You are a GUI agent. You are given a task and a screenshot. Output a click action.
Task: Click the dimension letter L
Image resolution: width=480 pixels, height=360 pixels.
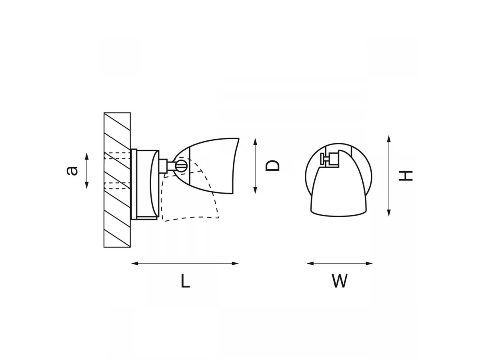(x=185, y=281)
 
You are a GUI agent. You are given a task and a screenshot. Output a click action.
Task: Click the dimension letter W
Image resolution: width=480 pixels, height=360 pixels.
(x=339, y=281)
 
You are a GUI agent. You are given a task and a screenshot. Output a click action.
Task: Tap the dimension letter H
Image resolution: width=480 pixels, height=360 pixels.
(x=406, y=176)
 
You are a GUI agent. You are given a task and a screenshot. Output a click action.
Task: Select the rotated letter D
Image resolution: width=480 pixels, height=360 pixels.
(x=272, y=166)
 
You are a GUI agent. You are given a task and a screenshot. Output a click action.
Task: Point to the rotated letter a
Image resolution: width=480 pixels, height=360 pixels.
(x=72, y=171)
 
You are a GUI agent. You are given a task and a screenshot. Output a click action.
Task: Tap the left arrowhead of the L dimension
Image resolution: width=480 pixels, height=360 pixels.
(x=135, y=264)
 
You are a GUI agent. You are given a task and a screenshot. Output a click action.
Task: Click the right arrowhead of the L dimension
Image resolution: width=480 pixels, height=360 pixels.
(x=235, y=264)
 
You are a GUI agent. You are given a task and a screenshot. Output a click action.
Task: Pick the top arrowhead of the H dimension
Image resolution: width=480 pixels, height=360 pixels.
(x=388, y=139)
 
